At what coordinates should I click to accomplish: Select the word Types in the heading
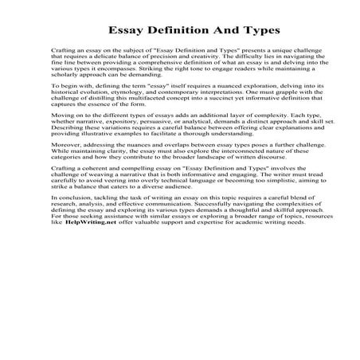(x=251, y=32)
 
